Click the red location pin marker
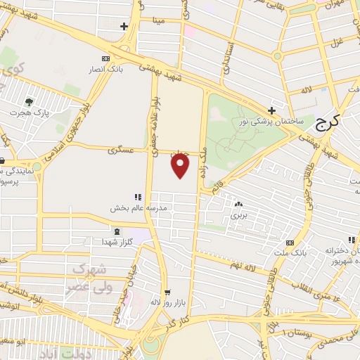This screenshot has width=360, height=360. (x=181, y=166)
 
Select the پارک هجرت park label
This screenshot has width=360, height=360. (x=30, y=112)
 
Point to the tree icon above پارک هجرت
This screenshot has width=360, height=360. (x=29, y=102)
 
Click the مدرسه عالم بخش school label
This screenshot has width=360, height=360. (x=134, y=208)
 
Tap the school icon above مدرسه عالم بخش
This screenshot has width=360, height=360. (x=138, y=198)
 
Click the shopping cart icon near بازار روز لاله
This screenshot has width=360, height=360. (x=167, y=291)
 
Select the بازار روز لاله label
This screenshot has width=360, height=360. (x=166, y=302)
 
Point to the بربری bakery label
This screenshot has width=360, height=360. (x=239, y=215)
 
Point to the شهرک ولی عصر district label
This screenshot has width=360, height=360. (x=89, y=278)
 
